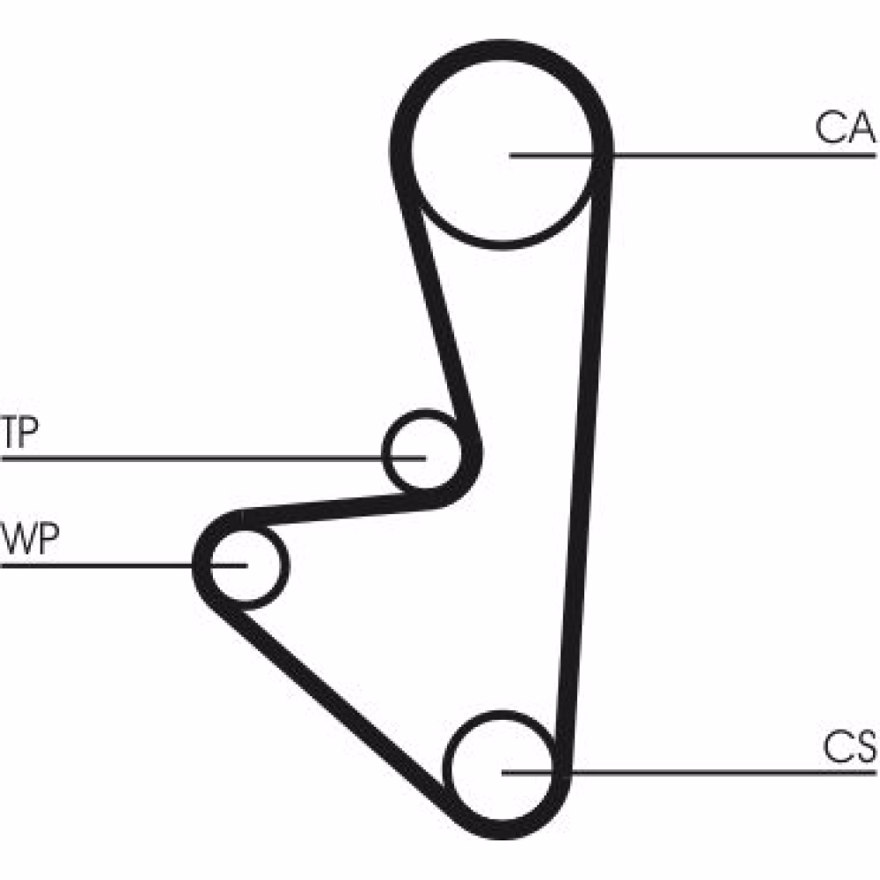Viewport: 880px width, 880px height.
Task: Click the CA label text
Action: click(x=843, y=128)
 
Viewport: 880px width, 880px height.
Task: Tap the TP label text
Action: click(x=19, y=434)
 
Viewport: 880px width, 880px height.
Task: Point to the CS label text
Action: click(x=849, y=748)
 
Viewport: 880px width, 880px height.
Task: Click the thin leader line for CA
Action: click(x=748, y=156)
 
